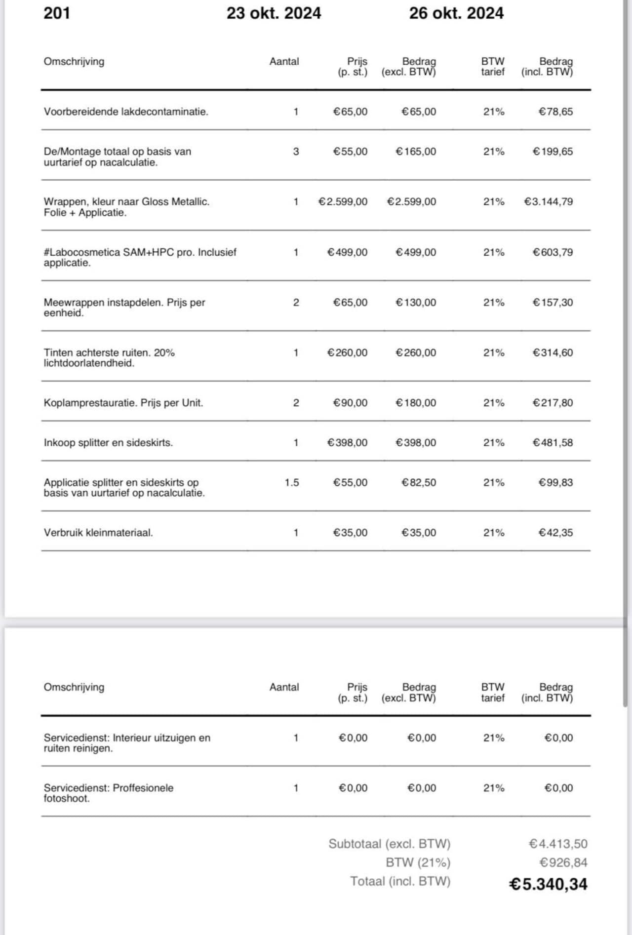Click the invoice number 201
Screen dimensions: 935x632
tap(57, 13)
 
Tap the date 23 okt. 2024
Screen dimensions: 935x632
tap(274, 13)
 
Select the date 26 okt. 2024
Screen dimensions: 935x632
tap(456, 13)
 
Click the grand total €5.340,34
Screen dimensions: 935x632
tap(548, 884)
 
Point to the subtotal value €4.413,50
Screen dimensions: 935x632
tap(558, 844)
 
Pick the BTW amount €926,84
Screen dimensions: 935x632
tap(563, 862)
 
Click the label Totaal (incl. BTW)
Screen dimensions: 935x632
tap(400, 881)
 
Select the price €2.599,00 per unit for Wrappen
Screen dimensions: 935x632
tap(343, 202)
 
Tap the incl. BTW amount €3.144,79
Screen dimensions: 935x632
tap(548, 202)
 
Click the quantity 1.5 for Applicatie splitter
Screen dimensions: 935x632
tap(292, 482)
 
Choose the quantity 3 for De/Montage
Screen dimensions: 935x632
tap(296, 152)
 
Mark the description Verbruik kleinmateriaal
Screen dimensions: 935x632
tap(98, 533)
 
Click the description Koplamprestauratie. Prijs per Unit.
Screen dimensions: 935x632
tap(123, 403)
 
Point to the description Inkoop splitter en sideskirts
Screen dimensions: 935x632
tap(108, 443)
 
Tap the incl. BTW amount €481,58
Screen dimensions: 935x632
tap(553, 443)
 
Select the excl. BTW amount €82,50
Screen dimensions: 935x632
tap(418, 482)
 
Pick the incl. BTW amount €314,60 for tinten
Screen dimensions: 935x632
tap(553, 353)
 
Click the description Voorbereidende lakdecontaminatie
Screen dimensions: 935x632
tap(126, 112)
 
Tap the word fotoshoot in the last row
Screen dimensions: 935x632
tap(67, 798)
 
